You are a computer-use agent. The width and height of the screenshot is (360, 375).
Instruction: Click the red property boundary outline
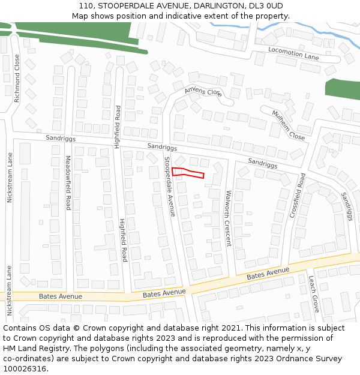188,173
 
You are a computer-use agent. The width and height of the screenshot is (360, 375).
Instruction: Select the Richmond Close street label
17,79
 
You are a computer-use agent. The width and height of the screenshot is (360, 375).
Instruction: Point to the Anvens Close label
203,91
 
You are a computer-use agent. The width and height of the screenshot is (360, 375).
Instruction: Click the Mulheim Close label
288,125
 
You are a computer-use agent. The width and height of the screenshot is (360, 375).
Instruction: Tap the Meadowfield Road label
68,183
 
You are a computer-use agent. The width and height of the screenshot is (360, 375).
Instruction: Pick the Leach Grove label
313,294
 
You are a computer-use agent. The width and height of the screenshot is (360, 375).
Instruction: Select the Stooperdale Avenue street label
170,187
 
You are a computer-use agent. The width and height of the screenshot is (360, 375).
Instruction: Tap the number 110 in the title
86,5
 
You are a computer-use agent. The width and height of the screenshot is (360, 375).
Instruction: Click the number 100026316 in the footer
25,369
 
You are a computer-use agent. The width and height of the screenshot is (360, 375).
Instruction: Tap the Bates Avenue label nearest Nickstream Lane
60,296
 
